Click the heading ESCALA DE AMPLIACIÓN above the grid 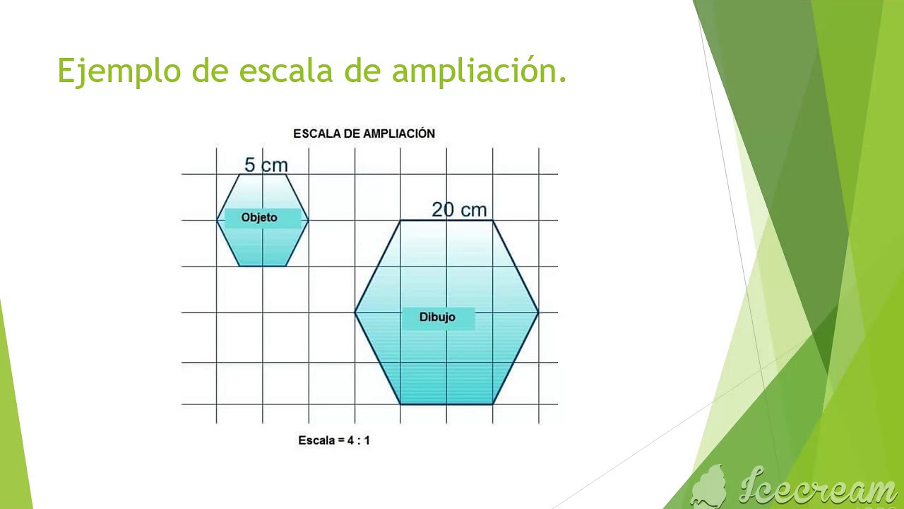click(364, 134)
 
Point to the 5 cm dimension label click(266, 165)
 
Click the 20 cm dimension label click(459, 209)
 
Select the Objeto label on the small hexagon click(259, 218)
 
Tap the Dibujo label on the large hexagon click(437, 317)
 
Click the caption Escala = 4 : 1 click(334, 440)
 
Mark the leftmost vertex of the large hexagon click(355, 312)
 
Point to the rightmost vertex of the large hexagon click(539, 312)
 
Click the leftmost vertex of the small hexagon click(217, 221)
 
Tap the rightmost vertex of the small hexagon click(309, 221)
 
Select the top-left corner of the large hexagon click(400, 221)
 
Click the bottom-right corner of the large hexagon click(493, 404)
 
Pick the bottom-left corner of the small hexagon click(240, 266)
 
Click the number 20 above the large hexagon click(442, 209)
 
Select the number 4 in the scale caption click(350, 440)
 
